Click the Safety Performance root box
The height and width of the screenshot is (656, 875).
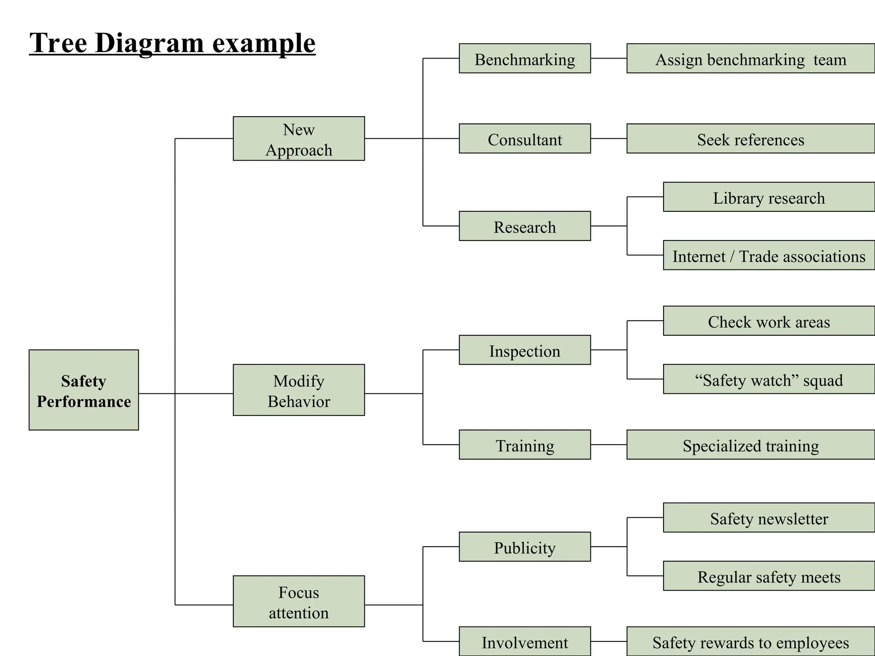84,390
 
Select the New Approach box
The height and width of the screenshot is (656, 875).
299,139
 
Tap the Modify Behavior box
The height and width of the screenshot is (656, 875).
299,390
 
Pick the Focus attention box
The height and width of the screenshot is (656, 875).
299,601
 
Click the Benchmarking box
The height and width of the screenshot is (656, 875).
525,59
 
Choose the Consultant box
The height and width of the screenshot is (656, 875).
525,139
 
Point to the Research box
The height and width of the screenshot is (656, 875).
525,226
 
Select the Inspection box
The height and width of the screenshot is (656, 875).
525,350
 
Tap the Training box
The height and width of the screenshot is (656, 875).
525,445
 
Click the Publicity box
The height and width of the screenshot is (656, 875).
525,547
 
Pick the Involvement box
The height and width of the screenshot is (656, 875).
525,641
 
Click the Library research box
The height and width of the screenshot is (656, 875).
769,197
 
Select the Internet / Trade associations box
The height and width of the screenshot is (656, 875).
769,255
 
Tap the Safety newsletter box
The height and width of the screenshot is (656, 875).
769,518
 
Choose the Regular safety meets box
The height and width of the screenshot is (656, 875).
769,576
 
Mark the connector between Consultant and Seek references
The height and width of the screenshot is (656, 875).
609,138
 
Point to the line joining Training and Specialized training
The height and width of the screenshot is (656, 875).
609,445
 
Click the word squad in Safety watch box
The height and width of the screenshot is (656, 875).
823,380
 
